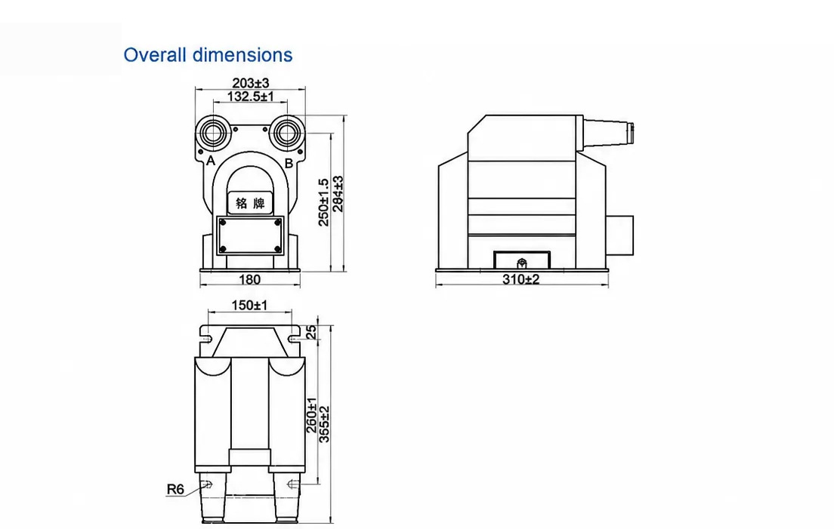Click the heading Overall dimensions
208,54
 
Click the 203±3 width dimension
251,83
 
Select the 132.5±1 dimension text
251,96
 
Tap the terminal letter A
211,161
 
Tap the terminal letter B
289,163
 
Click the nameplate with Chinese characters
250,202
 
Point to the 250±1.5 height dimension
323,201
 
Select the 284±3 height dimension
338,194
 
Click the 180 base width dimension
249,279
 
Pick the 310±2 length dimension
520,279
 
